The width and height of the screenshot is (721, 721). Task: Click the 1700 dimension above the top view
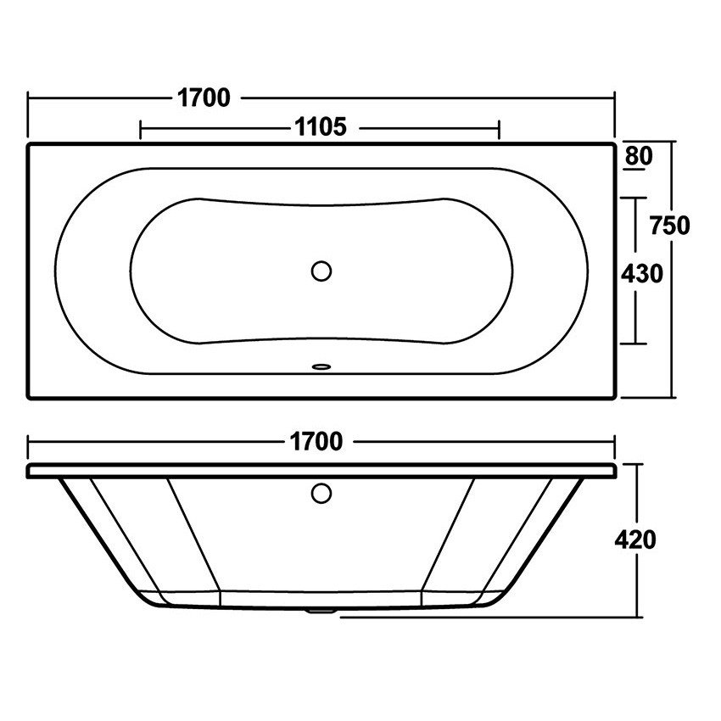click(204, 98)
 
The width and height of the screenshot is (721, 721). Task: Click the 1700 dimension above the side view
click(316, 442)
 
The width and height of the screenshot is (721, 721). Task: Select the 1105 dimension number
click(320, 127)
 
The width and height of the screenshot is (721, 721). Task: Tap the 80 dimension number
click(639, 155)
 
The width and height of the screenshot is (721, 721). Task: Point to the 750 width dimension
click(670, 226)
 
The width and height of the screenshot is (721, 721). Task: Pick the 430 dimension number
click(642, 274)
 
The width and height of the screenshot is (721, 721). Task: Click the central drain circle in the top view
click(321, 271)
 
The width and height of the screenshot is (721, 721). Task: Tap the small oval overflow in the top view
click(321, 366)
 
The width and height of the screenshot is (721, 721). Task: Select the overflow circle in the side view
click(321, 493)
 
